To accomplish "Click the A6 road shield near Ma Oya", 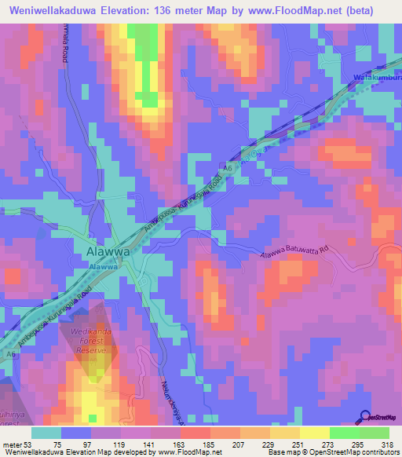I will [x=230, y=168].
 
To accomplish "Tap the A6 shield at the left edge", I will [x=10, y=355].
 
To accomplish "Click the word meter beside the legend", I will [x=12, y=444].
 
